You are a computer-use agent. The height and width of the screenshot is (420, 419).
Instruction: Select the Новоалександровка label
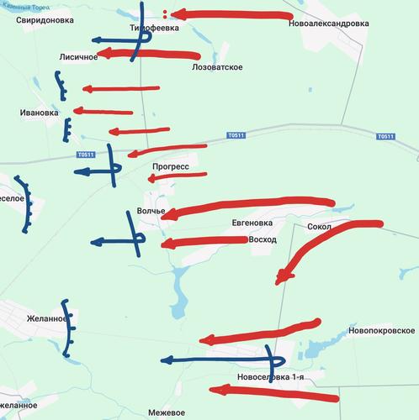tap(329, 24)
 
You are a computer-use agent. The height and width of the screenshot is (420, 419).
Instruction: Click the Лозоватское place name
tap(217, 66)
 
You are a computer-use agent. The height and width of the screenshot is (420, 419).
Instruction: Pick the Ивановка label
tap(40, 113)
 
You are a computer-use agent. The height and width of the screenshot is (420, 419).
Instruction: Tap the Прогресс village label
tap(171, 167)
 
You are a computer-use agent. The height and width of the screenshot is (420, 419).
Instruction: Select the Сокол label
tap(321, 227)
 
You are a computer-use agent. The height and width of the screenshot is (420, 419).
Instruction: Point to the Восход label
tap(263, 239)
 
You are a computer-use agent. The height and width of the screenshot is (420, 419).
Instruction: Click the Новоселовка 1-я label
tap(270, 377)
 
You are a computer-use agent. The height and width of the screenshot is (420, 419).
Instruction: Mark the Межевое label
tap(166, 412)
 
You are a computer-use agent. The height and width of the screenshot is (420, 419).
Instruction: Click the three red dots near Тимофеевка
tap(166, 13)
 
